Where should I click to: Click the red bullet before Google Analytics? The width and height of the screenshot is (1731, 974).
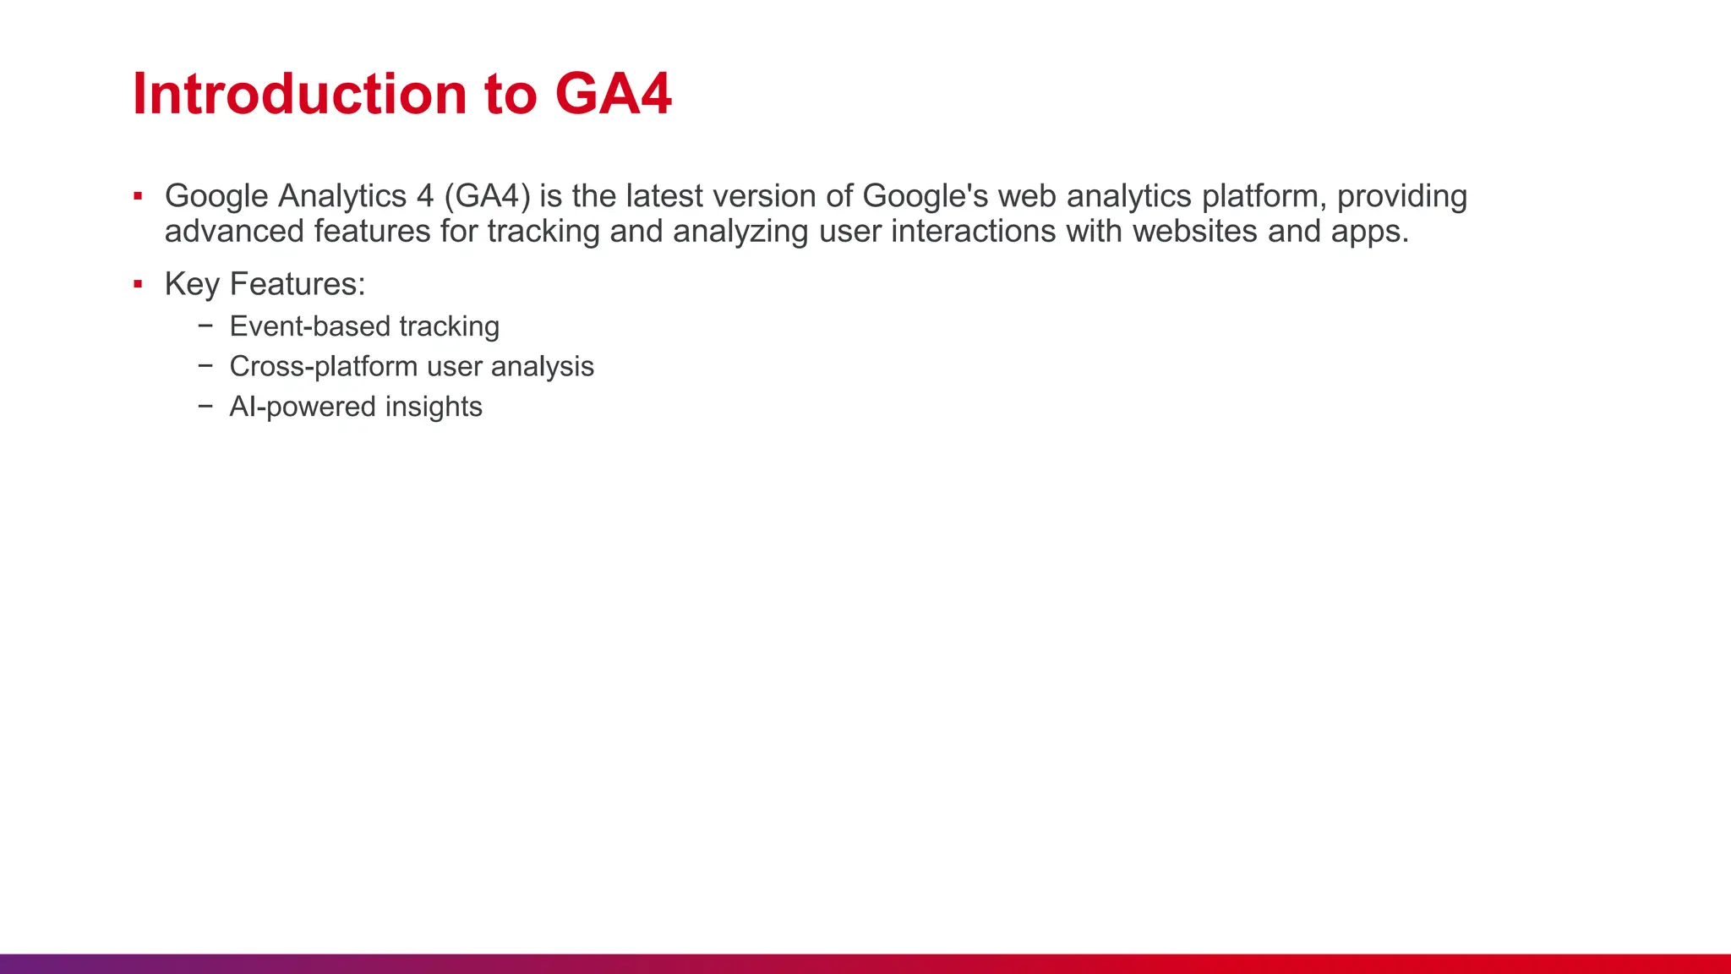point(138,197)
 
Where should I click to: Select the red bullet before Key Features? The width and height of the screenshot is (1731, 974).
point(138,285)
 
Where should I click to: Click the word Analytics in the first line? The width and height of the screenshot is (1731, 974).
point(342,196)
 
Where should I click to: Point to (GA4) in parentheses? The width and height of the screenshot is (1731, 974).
point(488,196)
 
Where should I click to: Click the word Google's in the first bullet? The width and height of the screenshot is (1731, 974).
point(925,196)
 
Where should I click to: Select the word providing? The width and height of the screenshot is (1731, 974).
point(1401,196)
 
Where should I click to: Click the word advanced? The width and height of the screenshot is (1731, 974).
point(234,231)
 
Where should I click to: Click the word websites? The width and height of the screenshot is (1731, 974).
point(1195,231)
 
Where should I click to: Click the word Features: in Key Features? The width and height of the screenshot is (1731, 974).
point(298,284)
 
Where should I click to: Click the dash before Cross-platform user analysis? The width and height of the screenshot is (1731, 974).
point(206,366)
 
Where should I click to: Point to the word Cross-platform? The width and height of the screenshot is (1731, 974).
point(324,367)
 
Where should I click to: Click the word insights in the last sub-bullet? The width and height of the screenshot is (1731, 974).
point(434,407)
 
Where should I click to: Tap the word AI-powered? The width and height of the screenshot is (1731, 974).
point(303,407)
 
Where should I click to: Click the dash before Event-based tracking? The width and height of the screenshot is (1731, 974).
point(206,326)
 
